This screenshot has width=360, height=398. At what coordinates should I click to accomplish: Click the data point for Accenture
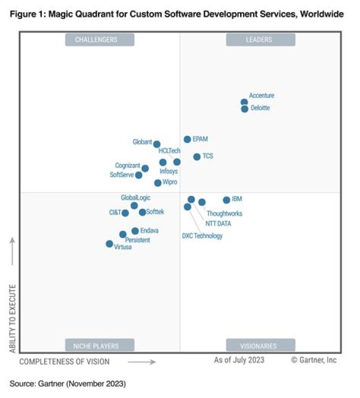coord(244,102)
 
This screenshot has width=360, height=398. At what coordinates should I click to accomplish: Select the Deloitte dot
coord(244,108)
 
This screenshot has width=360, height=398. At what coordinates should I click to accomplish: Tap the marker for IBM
coord(226,200)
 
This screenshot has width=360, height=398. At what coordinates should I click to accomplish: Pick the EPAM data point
coord(187,139)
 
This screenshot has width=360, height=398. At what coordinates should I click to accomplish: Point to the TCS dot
coord(197,156)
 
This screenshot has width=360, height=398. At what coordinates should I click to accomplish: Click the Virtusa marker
coord(109,243)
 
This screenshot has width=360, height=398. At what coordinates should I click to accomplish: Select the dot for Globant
coord(156,144)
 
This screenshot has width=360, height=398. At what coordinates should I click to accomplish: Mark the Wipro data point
coord(158,183)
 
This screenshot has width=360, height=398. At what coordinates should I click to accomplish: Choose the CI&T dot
coord(125,213)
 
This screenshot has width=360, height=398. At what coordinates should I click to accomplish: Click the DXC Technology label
coord(202,236)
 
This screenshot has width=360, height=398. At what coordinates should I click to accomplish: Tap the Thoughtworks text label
coord(224,213)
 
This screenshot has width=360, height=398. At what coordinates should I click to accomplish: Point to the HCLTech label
coord(169,151)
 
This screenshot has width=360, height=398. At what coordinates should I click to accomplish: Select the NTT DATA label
coord(218,223)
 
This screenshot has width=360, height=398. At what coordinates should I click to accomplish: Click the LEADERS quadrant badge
coord(260,39)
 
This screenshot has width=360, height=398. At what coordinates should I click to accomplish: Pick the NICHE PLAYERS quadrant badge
coord(99,345)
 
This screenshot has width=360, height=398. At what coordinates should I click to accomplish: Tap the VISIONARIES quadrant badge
coord(260,345)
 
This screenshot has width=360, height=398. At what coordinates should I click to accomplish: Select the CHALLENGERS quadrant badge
coord(99,39)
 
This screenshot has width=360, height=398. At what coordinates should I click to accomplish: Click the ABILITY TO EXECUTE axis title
coord(12,318)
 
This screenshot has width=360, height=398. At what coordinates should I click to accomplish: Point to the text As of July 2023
coord(239,360)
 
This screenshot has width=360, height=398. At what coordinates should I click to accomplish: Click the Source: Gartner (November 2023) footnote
coord(67,383)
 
